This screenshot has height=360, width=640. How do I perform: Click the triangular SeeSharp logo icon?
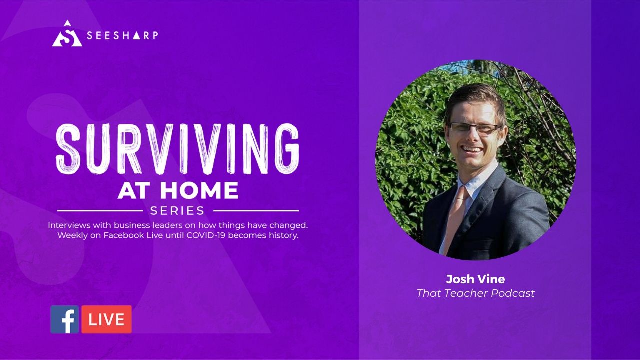click(67, 34)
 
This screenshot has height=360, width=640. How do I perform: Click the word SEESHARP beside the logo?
click(122, 35)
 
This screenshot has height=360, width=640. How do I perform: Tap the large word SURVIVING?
click(177, 149)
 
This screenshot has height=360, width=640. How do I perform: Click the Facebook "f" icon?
click(65, 319)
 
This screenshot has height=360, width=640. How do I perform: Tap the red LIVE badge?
click(107, 319)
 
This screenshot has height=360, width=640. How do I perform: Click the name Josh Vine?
click(475, 279)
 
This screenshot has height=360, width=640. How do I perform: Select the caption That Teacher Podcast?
click(475, 293)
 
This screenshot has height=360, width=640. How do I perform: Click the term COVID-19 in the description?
click(207, 235)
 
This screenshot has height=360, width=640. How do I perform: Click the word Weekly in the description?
click(72, 235)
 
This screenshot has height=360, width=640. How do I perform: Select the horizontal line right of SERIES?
click(256, 211)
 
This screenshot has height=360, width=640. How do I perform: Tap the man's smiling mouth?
click(473, 149)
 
